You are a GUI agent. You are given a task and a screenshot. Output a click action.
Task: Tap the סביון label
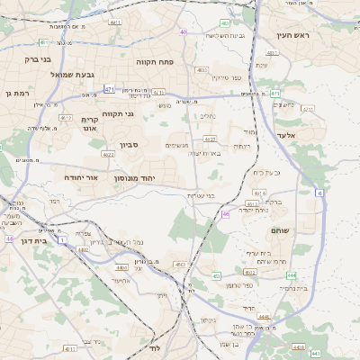(130, 144)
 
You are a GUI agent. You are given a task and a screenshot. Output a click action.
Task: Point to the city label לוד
(155, 347)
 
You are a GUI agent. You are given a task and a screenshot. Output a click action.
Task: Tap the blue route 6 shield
(319, 193)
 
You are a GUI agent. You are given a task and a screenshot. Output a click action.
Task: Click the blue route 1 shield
(61, 239)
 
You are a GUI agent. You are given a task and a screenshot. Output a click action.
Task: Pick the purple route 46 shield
(225, 214)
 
